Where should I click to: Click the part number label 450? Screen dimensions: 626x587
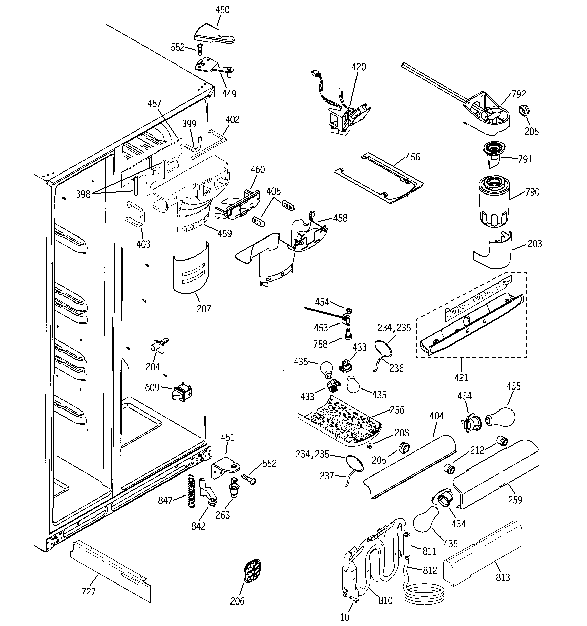click(x=222, y=10)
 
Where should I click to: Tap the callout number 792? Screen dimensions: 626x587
click(x=518, y=94)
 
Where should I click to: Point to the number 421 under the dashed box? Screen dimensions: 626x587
click(x=461, y=377)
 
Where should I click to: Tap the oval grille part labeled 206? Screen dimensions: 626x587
click(x=252, y=571)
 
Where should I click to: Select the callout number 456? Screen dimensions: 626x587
click(x=413, y=157)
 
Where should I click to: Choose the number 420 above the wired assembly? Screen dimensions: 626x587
click(x=359, y=67)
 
